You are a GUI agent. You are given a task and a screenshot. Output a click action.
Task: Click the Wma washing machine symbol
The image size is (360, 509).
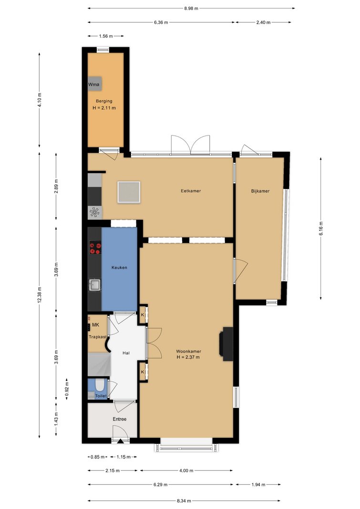pos(95,84)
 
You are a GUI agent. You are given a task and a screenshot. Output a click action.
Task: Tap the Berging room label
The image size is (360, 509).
pos(104,101)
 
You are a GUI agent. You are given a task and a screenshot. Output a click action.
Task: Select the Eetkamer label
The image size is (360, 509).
pos(191,191)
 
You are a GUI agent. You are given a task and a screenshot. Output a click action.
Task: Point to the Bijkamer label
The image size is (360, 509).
pos(260,191)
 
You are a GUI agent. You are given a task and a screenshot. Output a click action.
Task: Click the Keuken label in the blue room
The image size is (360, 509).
pos(119,268)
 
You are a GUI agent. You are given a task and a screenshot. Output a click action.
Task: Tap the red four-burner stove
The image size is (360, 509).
pos(95,248)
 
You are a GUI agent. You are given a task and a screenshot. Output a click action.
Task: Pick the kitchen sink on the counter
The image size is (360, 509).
pos(95,285)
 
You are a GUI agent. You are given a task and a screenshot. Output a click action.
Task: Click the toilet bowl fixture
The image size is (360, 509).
pos(100,385)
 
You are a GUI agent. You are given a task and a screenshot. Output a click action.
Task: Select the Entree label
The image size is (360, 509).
pos(119,419)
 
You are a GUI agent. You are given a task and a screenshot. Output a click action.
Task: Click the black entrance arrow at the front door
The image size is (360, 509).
pos(120,441)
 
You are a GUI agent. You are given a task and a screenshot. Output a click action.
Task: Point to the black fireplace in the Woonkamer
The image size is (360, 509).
pos(226,344)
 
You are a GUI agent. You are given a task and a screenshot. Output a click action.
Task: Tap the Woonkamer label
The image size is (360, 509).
pos(188,351)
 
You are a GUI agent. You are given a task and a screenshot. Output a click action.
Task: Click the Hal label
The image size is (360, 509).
pos(126,353)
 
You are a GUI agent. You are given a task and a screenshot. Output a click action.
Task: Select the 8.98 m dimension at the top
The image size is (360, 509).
pos(191,9)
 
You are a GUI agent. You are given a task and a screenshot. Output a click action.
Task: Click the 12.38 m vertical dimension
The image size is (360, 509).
pos(40,295)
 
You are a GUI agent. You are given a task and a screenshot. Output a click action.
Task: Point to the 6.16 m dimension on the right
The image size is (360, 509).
pos(321,229)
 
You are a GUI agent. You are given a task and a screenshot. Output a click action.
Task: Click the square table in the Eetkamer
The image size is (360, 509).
pos(129,192)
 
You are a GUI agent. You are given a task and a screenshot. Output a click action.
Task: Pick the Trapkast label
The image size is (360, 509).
pos(98,337)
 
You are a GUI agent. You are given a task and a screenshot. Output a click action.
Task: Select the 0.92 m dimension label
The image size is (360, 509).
pos(67,389)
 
